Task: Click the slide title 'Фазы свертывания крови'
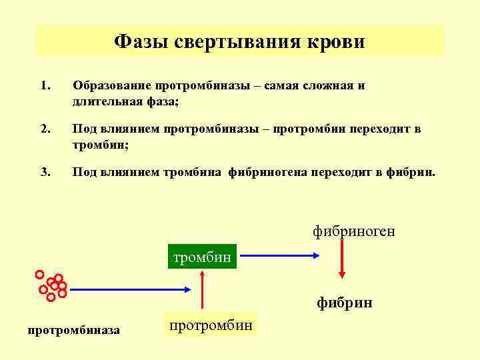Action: [x=239, y=42]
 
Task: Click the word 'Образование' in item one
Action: [x=112, y=86]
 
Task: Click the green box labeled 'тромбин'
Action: [x=202, y=257]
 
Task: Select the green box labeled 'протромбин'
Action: [x=210, y=325]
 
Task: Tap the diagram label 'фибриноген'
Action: [x=354, y=231]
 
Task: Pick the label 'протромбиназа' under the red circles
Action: [x=74, y=329]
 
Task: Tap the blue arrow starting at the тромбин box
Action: [x=281, y=255]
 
